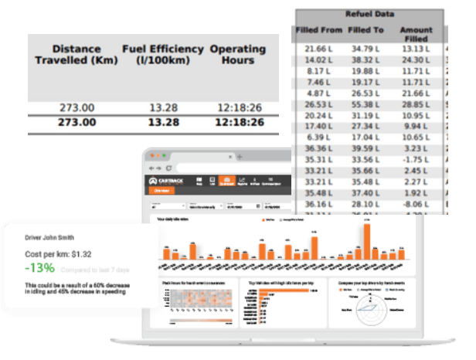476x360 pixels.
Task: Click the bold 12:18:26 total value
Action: [x=240, y=122]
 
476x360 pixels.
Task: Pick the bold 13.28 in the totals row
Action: [x=163, y=122]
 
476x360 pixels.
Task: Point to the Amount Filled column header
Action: [x=415, y=34]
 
